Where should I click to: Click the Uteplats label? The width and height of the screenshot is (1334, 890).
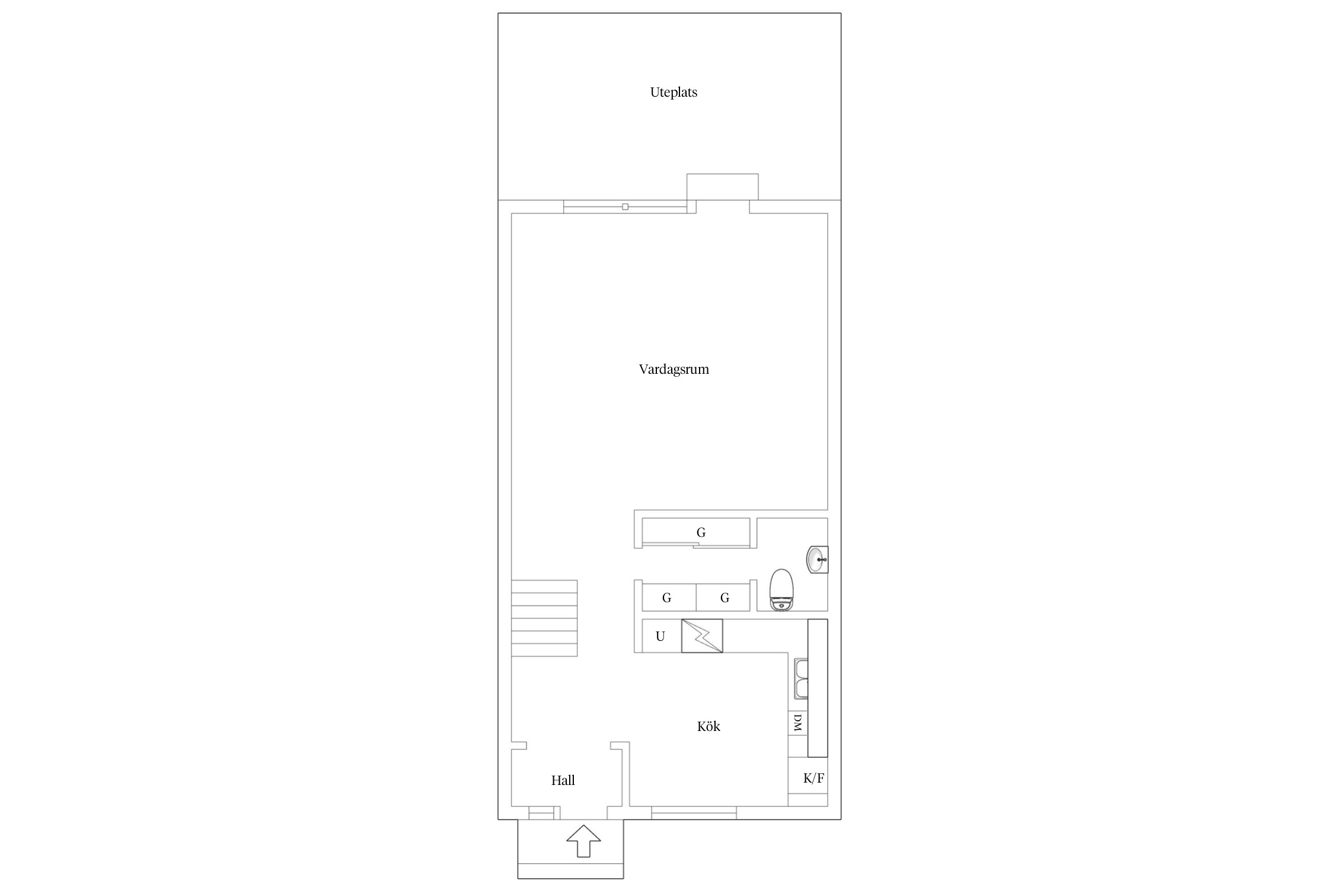pos(674,93)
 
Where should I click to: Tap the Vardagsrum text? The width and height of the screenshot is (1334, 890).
pos(674,370)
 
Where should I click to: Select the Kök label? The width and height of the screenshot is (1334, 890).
pos(709,726)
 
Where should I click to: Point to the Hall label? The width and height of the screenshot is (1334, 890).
pos(563,780)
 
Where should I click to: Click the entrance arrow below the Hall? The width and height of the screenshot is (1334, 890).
pos(583,841)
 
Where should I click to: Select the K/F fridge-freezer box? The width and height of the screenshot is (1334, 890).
pos(808,778)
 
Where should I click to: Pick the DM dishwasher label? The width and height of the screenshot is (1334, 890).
pos(797,723)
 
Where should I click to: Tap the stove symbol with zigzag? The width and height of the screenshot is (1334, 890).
pos(702,636)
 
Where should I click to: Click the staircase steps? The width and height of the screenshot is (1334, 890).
pos(544,618)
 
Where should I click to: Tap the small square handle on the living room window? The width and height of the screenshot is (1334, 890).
pos(625,206)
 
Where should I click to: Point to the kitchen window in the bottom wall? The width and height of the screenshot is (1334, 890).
pos(694,813)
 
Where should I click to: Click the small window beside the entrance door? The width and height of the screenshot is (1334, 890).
pos(541,813)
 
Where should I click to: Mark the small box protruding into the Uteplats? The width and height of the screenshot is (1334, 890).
pos(722,187)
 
